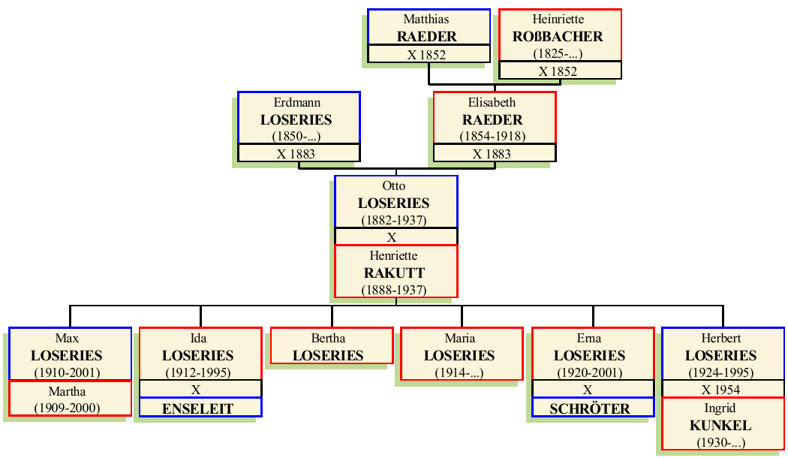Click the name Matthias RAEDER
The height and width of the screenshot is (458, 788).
coord(429,28)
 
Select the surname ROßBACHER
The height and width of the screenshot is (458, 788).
coord(558,36)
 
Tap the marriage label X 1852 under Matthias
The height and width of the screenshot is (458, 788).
coord(427,55)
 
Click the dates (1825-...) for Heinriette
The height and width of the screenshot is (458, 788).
coord(558,54)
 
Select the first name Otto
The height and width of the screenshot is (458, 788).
coord(394,186)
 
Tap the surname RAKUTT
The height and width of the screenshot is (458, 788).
coord(394,273)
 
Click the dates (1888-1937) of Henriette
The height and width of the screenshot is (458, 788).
coord(394,290)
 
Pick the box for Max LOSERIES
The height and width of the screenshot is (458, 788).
coord(69,354)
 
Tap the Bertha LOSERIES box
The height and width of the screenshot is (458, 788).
coord(330,347)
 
